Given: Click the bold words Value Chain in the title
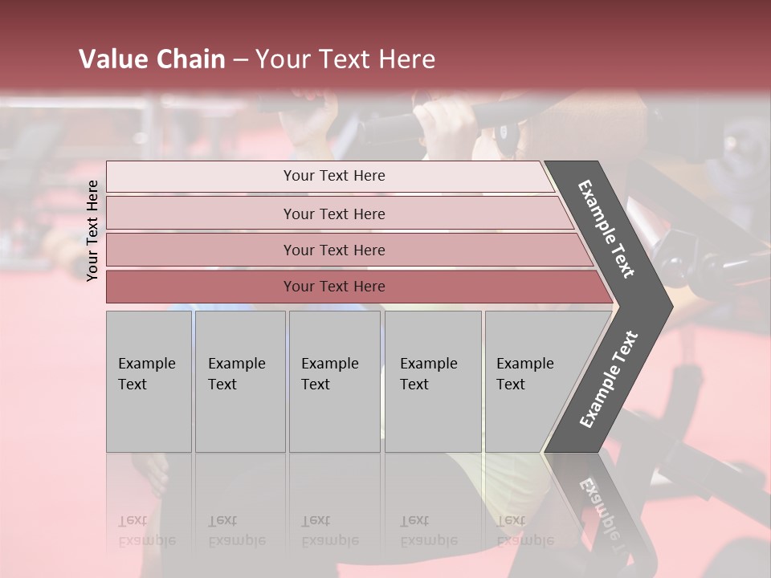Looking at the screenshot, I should click(152, 59).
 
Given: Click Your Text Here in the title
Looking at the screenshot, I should click(345, 59).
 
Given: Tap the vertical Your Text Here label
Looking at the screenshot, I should click(92, 230).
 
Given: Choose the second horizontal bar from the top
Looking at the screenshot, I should click(334, 214).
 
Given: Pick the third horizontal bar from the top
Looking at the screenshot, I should click(334, 250).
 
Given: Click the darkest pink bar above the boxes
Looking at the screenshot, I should click(334, 287).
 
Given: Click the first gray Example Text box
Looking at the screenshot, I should click(149, 381).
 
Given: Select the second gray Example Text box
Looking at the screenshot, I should click(239, 381).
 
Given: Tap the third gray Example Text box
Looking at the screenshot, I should click(334, 381).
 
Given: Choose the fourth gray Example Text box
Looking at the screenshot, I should click(432, 381).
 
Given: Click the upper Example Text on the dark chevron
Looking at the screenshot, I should click(606, 229).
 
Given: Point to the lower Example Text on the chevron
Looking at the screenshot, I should click(609, 379).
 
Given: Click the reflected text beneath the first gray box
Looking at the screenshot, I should click(147, 531).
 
